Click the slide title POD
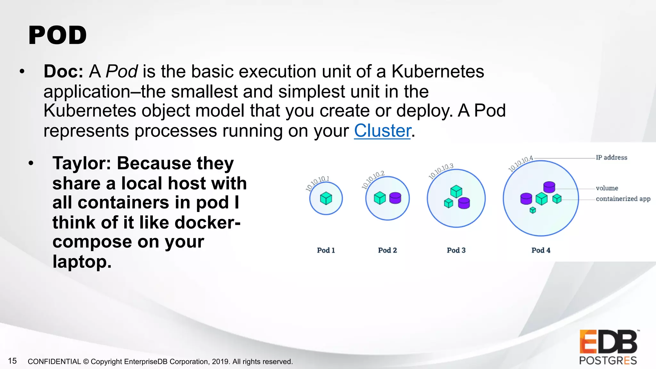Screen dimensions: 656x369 58,35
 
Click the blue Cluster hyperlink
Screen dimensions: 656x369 382,131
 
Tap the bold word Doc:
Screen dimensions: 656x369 63,71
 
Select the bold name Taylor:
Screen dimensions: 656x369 82,163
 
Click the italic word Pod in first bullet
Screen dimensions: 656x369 122,71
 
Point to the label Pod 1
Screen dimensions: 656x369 326,250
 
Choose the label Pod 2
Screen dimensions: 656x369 387,250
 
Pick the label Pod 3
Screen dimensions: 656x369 456,250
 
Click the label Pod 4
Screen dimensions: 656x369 541,250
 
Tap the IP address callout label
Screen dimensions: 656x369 611,158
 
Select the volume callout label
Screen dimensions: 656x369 607,188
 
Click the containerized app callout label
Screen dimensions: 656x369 623,199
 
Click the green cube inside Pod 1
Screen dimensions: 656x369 326,198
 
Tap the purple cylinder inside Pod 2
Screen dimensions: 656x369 395,198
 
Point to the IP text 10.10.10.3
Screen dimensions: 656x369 441,171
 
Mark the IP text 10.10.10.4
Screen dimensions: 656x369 521,164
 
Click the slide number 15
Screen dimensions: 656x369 12,361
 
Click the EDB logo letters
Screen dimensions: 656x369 608,342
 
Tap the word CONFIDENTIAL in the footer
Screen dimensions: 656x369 54,362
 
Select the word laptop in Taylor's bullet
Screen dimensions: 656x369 82,262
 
